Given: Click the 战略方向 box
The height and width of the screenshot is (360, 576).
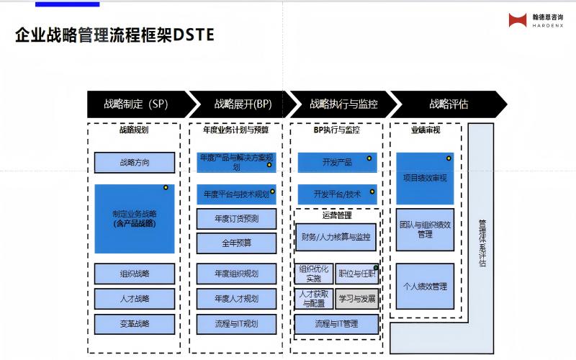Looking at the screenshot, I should [135, 162].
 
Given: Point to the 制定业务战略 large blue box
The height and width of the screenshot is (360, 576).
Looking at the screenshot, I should [135, 219].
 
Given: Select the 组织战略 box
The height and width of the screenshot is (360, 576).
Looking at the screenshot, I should [135, 274].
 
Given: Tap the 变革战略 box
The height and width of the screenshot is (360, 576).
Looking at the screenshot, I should [135, 324].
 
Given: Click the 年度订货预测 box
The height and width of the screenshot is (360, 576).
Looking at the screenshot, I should [236, 218].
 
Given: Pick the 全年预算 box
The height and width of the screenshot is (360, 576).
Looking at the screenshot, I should [236, 243].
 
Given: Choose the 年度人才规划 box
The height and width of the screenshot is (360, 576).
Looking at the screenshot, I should [236, 298].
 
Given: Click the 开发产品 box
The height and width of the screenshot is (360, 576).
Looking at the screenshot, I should [337, 163].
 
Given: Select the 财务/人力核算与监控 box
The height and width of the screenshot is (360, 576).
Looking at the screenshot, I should [336, 237].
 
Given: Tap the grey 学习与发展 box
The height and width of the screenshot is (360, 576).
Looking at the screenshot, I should [356, 298].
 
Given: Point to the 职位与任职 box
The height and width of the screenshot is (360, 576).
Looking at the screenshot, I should [356, 274].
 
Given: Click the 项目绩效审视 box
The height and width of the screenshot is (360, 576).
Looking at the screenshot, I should [425, 178].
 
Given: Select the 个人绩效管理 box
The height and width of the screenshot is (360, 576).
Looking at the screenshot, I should [425, 287].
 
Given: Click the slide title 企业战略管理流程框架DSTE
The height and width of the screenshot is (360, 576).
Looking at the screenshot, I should [114, 35].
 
